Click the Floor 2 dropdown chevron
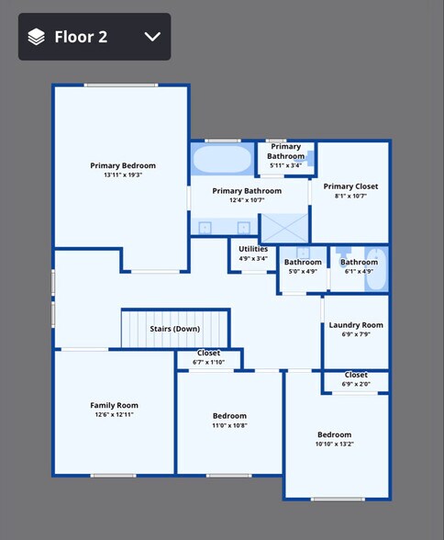[x=152, y=37]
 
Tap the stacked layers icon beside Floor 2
[x=36, y=37]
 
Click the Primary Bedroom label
[x=123, y=165]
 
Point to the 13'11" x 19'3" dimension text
[x=123, y=174]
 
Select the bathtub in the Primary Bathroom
[x=222, y=159]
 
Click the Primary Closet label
[x=350, y=186]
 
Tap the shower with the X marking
[x=283, y=227]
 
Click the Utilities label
[x=253, y=249]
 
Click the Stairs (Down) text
[x=174, y=329]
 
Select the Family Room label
[x=114, y=405]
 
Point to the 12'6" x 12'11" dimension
[x=114, y=415]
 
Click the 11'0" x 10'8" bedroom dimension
[x=229, y=425]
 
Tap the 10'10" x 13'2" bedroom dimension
[x=335, y=444]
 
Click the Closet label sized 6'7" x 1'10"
[x=208, y=353]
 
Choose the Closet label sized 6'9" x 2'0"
[x=356, y=375]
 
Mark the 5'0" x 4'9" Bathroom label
[x=303, y=263]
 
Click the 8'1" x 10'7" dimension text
[x=350, y=196]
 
